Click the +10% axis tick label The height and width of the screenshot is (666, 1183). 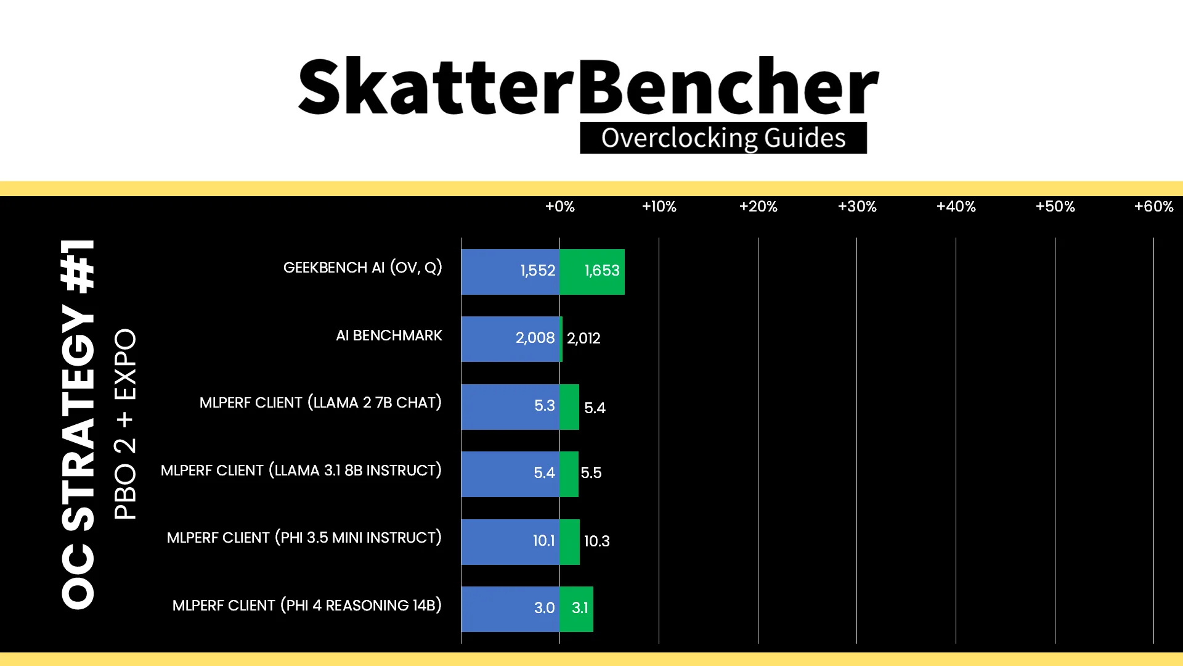click(659, 207)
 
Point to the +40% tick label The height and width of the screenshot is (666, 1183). click(956, 207)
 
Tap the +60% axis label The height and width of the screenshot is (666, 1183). click(1153, 207)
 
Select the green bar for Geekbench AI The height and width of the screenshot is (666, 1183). click(592, 272)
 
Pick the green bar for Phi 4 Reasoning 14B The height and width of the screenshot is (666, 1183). click(576, 609)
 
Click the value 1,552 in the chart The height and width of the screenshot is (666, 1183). click(537, 271)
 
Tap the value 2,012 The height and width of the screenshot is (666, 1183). click(583, 339)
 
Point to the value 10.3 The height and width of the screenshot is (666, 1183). click(596, 541)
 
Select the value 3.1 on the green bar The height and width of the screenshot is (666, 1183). click(580, 608)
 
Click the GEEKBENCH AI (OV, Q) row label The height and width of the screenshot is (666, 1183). click(362, 268)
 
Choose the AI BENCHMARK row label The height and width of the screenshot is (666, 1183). click(389, 335)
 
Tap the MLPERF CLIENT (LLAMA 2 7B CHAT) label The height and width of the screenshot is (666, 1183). click(320, 403)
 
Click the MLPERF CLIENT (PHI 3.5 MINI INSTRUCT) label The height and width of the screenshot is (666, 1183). click(304, 538)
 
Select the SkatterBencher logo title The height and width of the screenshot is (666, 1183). click(588, 86)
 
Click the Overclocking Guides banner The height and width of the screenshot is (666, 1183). click(723, 138)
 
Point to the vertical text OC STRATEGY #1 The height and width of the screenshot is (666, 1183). click(78, 424)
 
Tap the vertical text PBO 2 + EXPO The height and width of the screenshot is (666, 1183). click(125, 424)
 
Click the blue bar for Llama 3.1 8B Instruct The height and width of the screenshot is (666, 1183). click(510, 474)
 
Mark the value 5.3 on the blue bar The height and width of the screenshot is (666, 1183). click(544, 406)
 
